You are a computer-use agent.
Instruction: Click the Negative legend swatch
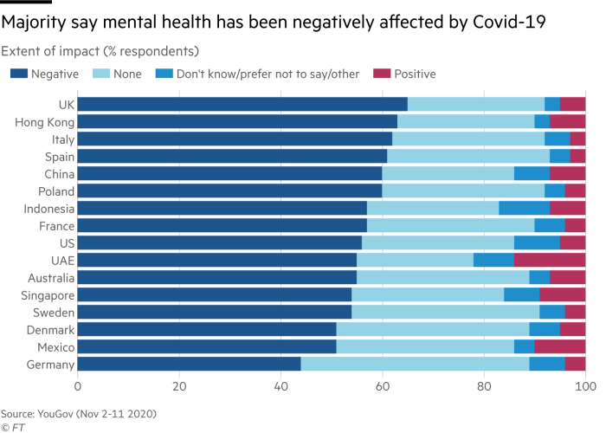pyautogui.click(x=16, y=74)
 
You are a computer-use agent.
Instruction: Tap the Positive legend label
pyautogui.click(x=416, y=74)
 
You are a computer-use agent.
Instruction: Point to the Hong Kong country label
pyautogui.click(x=44, y=122)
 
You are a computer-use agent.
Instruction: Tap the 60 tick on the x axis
pyautogui.click(x=383, y=385)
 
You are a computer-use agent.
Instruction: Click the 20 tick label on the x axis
pyautogui.click(x=179, y=385)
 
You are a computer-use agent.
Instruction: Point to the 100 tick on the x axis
pyautogui.click(x=586, y=385)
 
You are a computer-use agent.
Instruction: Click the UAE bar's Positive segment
pyautogui.click(x=550, y=260)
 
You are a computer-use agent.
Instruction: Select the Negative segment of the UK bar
pyautogui.click(x=242, y=105)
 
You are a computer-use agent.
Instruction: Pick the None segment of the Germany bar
pyautogui.click(x=416, y=364)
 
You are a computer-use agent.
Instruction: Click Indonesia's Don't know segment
pyautogui.click(x=525, y=208)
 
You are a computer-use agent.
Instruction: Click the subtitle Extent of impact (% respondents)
pyautogui.click(x=100, y=50)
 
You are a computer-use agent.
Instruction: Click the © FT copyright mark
pyautogui.click(x=12, y=426)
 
